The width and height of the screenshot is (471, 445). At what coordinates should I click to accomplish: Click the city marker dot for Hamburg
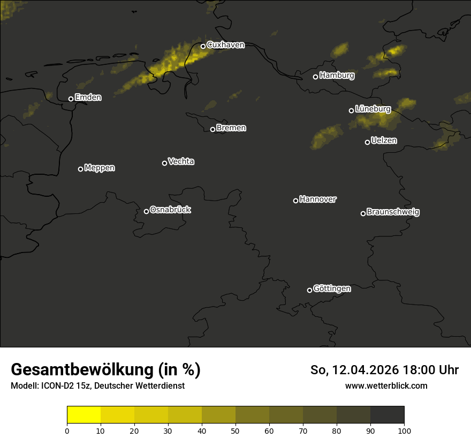coord(315,77)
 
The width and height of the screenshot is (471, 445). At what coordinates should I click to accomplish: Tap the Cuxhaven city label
coord(225,45)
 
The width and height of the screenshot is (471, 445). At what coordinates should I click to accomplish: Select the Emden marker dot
coord(71,99)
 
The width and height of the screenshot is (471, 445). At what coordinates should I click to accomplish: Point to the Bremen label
coord(231,128)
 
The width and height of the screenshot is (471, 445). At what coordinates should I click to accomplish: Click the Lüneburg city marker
coord(351,110)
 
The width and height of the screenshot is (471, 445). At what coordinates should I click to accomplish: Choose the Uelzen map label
coord(384,140)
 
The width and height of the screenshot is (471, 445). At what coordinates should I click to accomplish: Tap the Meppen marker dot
coord(80,169)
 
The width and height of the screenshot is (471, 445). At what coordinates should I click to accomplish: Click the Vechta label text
coord(181,161)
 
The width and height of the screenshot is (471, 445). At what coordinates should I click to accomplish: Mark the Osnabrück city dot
coord(146,211)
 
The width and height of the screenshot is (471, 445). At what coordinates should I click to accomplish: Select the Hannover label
coord(318,199)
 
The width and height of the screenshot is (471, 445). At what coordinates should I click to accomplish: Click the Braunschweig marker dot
coord(363,213)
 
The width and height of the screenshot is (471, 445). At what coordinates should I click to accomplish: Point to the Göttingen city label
coord(332,288)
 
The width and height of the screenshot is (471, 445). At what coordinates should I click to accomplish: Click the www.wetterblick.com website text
coord(386,385)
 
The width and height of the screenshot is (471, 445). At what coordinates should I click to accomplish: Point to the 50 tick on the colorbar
coord(236,431)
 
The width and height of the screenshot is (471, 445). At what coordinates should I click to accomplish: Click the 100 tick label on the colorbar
coord(404,431)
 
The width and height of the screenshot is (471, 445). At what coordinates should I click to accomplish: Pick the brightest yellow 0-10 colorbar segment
coord(84,414)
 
